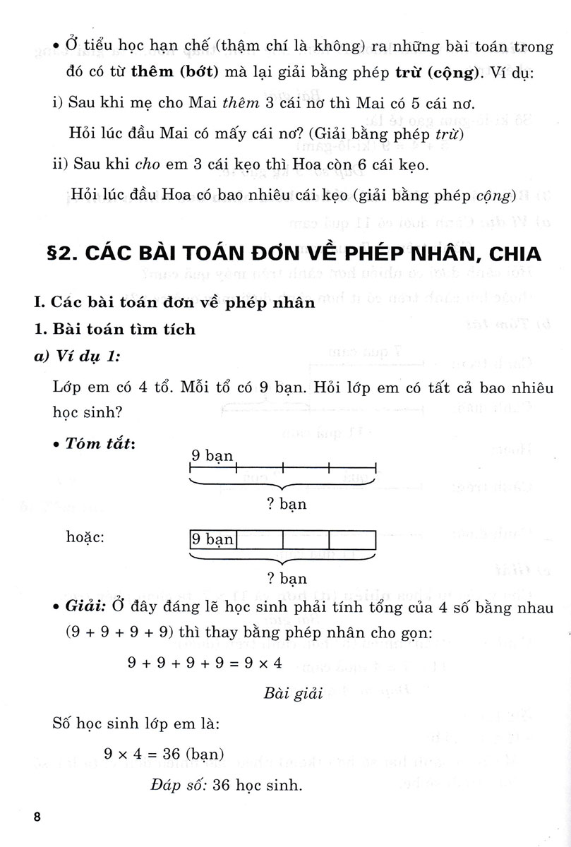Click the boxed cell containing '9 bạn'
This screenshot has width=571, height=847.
coord(212,539)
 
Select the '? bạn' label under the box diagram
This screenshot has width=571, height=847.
coord(282,578)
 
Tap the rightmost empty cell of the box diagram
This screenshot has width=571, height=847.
coord(352,539)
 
